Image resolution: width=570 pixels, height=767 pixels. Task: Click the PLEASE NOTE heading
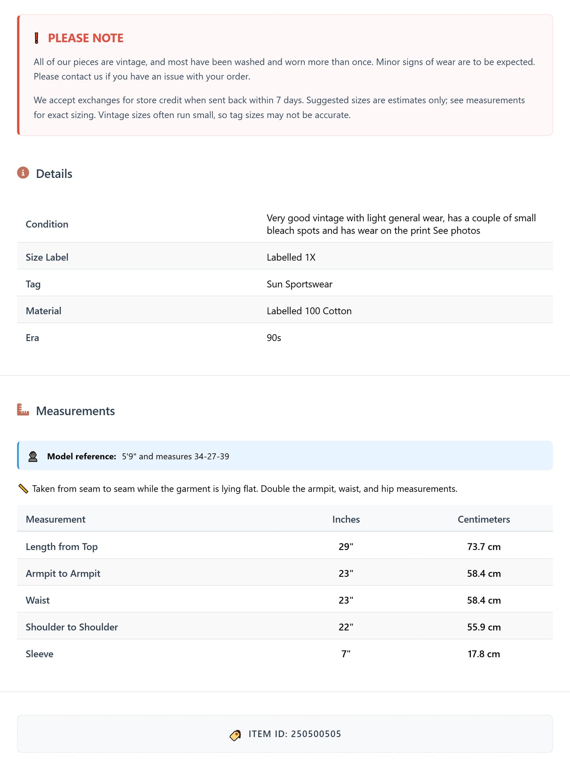86,38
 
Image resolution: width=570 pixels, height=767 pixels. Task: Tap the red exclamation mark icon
36,38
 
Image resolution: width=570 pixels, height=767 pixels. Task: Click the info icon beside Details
23,173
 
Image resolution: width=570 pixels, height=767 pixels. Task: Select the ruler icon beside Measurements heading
23,410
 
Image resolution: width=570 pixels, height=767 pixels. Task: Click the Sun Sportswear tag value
299,284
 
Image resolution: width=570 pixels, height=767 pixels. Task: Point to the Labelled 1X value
291,257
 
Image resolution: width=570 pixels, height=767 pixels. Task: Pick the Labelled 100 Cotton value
309,311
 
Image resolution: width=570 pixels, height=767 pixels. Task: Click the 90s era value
274,338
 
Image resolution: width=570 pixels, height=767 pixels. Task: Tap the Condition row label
47,224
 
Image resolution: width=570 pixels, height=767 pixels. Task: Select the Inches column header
346,519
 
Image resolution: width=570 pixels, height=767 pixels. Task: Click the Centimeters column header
484,519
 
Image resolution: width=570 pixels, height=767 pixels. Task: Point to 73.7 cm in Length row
484,547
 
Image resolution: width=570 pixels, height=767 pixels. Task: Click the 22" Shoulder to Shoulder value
346,627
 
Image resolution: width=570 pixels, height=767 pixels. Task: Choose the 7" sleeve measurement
346,654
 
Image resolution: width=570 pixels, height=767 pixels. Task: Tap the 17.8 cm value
484,654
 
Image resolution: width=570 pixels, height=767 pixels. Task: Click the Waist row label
38,600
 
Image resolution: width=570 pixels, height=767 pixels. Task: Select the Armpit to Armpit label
63,573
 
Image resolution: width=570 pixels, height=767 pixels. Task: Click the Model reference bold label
82,456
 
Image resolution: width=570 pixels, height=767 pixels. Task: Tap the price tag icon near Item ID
235,735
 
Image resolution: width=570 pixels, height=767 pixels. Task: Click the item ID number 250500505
316,734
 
